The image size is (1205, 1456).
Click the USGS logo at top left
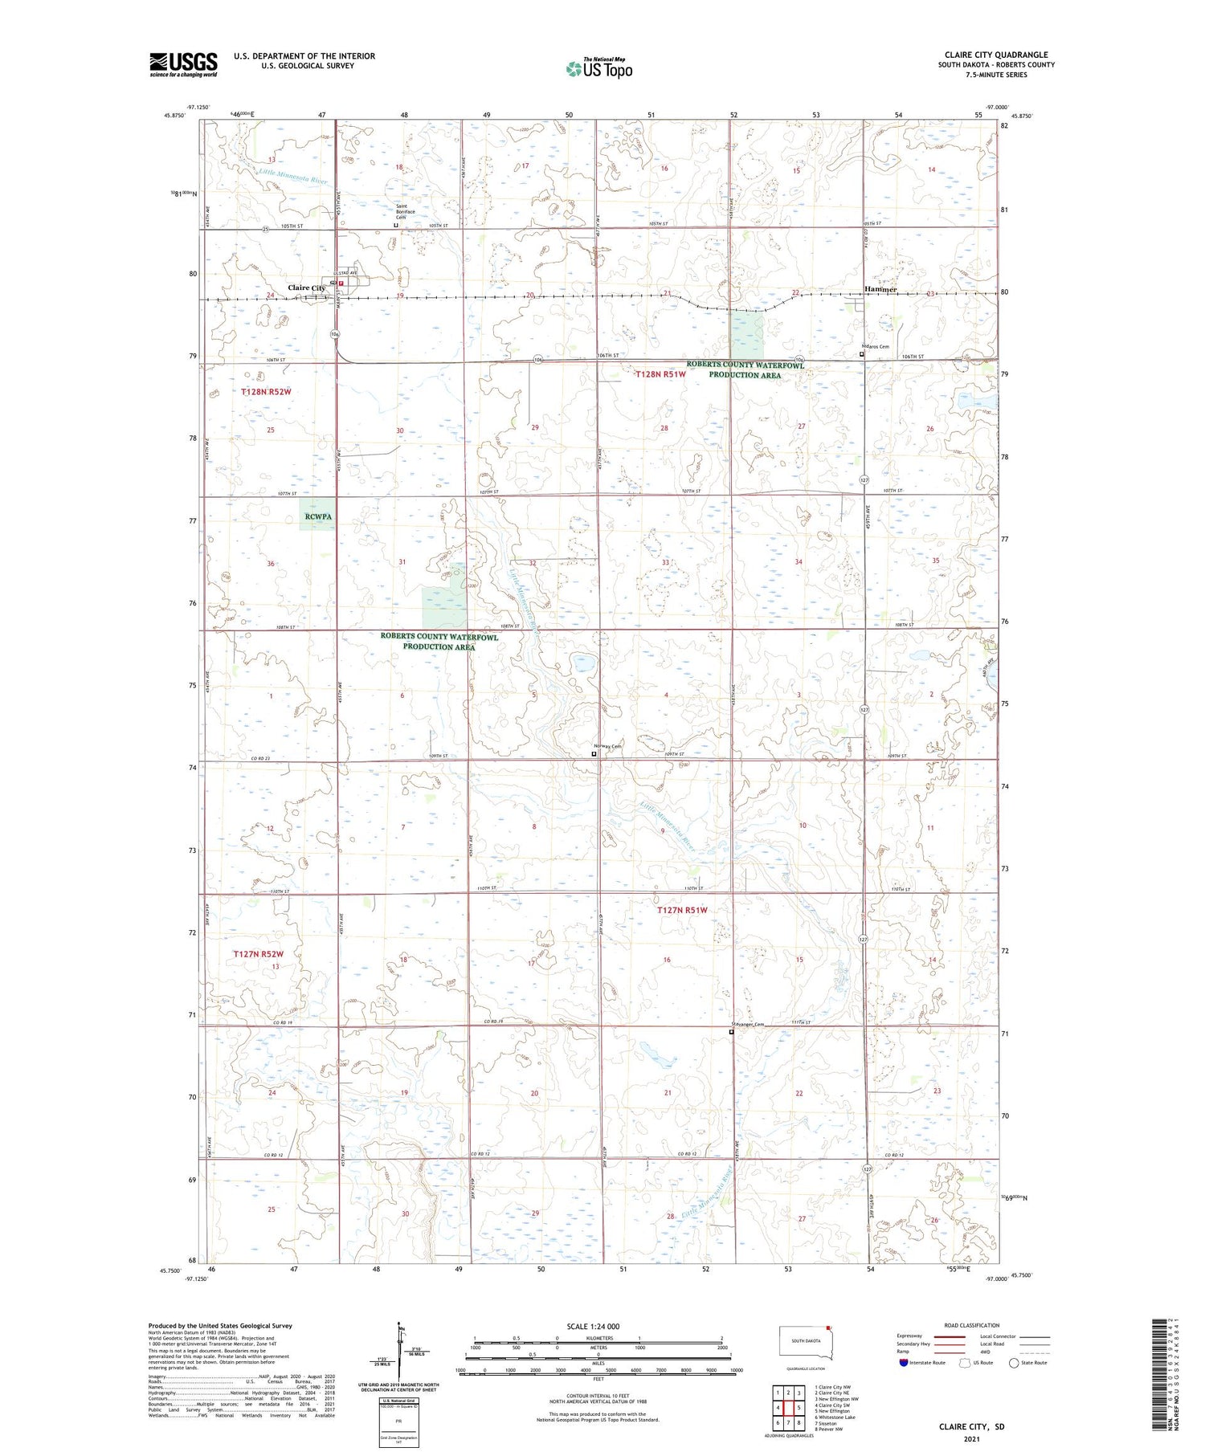click(183, 64)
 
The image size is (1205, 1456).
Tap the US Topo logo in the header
click(598, 69)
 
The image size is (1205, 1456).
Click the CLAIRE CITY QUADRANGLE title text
click(996, 55)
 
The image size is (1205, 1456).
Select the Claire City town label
click(307, 288)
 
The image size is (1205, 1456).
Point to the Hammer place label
click(880, 289)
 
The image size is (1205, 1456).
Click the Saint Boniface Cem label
click(405, 211)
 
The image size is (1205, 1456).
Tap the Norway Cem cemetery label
click(607, 746)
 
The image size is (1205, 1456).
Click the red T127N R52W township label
click(259, 954)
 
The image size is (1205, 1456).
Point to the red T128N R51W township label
click(660, 374)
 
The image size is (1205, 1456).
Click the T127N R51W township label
click(682, 910)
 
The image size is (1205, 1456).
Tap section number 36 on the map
click(271, 564)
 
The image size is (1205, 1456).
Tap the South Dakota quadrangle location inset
click(806, 1342)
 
